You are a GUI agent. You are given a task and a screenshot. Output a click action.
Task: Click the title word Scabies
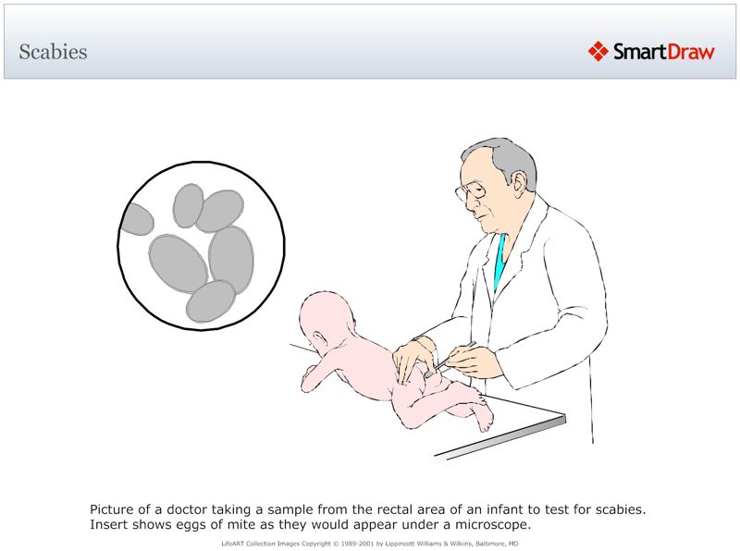tap(53, 52)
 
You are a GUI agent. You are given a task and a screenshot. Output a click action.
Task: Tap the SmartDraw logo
tap(651, 52)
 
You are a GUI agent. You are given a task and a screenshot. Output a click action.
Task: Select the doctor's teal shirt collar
tap(500, 259)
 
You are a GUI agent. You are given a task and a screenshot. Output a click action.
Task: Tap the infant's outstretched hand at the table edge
tap(311, 375)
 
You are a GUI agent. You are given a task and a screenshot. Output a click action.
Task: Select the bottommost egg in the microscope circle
tap(211, 301)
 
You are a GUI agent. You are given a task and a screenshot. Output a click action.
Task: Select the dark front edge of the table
tap(499, 437)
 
